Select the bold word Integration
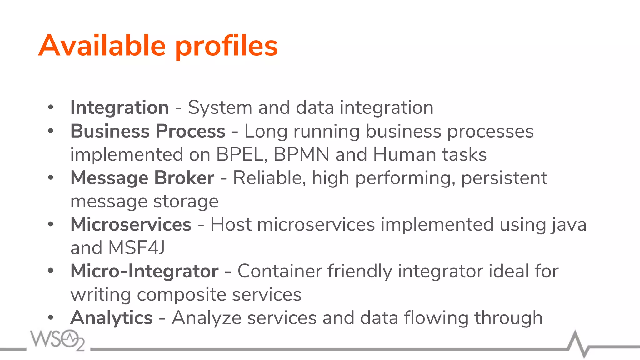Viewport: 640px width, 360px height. pos(120,107)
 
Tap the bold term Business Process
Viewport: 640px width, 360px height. pos(148,131)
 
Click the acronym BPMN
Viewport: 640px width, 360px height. pos(301,154)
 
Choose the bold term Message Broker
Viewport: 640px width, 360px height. pos(142,178)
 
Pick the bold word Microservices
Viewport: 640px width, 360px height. pos(131,224)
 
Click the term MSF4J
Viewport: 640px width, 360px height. pos(136,248)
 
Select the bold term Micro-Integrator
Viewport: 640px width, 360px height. pos(144,271)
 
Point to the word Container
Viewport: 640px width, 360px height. pos(279,271)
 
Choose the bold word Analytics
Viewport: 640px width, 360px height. pos(112,318)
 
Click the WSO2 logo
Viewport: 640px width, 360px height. pos(57,340)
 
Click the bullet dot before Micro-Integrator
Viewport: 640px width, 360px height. pos(51,271)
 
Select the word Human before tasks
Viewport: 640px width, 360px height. pos(404,154)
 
